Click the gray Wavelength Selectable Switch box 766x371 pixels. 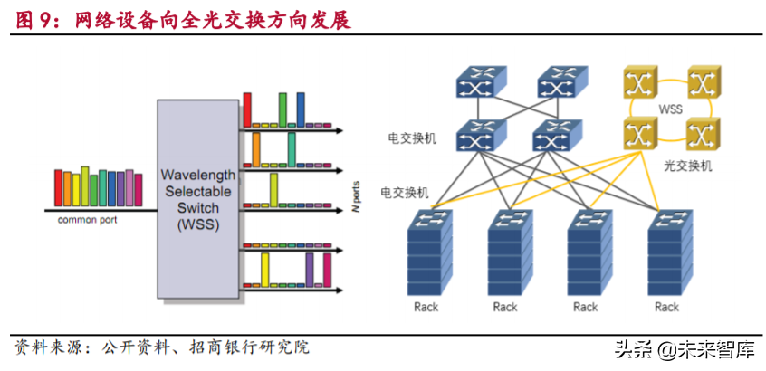pos(197,199)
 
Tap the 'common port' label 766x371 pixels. pos(88,220)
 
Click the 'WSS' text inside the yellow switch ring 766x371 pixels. pos(670,110)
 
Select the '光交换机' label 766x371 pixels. pos(688,166)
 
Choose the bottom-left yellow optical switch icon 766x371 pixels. pos(641,136)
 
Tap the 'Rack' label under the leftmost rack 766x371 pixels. pos(426,307)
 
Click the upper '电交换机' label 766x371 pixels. pos(412,139)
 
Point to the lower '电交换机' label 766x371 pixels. pos(405,193)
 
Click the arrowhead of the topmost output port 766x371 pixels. pos(340,129)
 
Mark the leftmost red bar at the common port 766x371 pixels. pos(58,187)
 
